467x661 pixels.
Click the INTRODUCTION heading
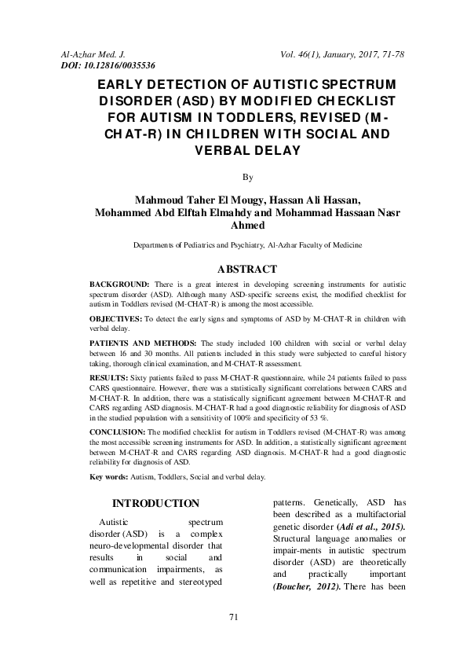(x=155, y=503)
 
